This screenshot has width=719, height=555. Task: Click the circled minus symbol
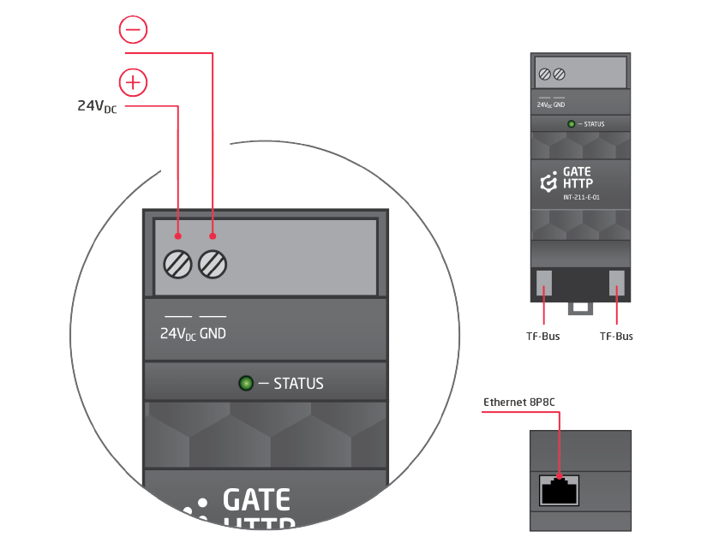(133, 30)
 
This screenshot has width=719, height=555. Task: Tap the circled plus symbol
(133, 82)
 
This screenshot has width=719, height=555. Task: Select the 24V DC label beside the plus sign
(97, 106)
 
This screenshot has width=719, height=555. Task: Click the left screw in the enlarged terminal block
(177, 263)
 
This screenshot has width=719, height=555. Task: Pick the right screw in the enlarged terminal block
(213, 263)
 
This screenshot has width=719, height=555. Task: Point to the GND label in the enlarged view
(213, 333)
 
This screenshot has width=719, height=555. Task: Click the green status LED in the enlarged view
(246, 383)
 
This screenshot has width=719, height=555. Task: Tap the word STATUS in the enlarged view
(298, 384)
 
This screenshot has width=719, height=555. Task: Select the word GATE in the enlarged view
(256, 499)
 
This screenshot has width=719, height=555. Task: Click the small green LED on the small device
(572, 124)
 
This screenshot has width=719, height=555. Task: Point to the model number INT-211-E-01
(581, 198)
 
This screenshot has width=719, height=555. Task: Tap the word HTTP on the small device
(578, 183)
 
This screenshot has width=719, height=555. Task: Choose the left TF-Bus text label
(542, 337)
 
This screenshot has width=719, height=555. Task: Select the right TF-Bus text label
(616, 337)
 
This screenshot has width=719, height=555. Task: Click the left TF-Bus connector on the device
(544, 283)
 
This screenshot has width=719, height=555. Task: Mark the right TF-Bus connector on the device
(617, 283)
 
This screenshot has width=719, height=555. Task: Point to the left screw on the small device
(545, 75)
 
